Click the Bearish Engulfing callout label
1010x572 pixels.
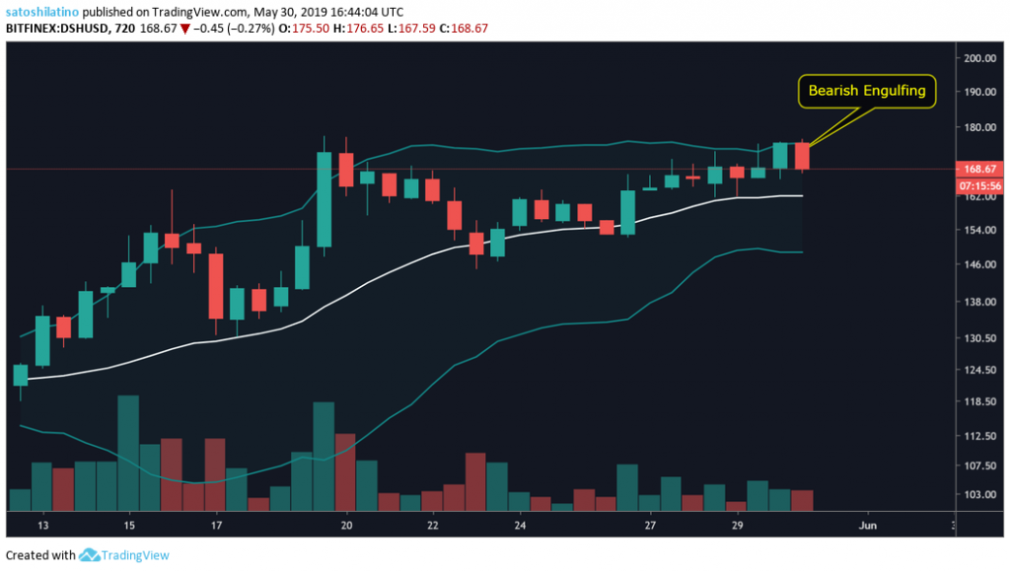pos(866,91)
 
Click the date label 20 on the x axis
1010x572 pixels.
pos(346,527)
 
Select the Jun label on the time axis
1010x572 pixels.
pos(869,527)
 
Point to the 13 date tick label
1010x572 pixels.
pos(42,527)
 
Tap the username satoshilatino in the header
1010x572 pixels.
pos(42,11)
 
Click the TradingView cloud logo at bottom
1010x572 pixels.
pos(90,555)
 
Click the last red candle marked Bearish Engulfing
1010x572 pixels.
pos(801,156)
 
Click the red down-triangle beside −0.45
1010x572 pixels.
pos(211,28)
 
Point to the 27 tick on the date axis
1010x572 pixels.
pos(650,527)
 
